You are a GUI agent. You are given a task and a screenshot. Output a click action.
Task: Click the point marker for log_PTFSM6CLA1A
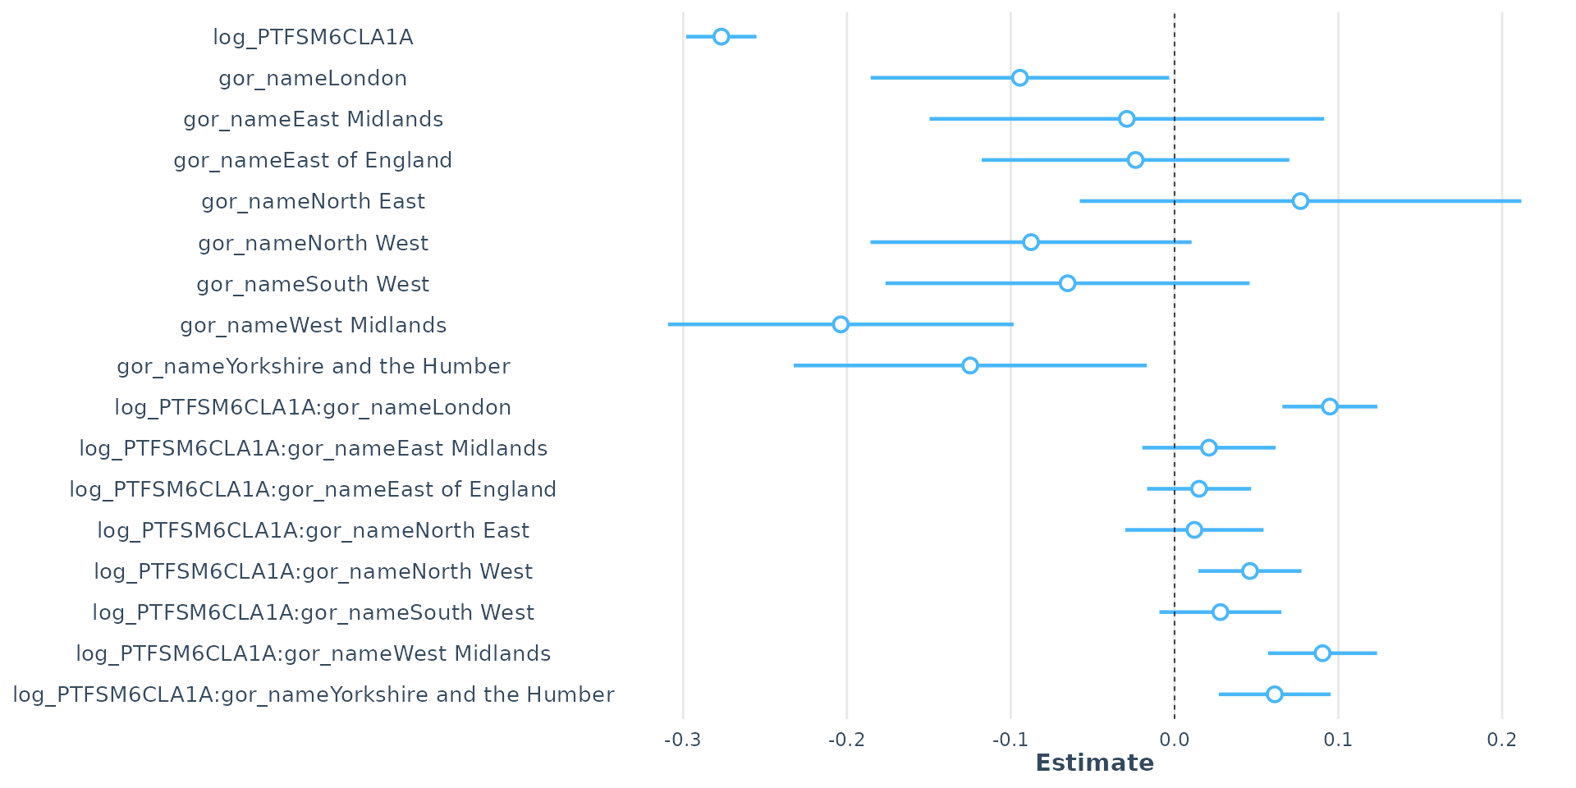click(721, 37)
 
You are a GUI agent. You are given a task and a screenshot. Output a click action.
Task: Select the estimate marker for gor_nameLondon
click(1019, 78)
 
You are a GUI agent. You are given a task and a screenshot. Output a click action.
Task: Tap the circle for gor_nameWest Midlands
click(841, 324)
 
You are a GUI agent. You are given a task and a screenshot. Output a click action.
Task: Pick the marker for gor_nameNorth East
click(1300, 201)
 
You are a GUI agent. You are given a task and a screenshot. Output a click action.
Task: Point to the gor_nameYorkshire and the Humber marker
click(970, 365)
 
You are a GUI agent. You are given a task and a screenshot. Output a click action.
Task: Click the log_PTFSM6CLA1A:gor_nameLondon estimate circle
click(1330, 406)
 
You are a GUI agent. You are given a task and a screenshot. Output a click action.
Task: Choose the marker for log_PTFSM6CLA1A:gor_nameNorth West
click(1249, 570)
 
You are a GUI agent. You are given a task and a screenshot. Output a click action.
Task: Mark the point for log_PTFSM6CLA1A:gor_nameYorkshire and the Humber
click(1275, 694)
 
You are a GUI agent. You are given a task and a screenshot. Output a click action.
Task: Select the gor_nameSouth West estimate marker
click(1067, 283)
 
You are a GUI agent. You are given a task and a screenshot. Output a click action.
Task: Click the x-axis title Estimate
click(1094, 763)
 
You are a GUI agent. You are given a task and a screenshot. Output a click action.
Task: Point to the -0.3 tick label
click(682, 740)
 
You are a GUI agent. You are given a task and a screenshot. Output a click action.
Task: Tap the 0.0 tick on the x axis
click(1175, 740)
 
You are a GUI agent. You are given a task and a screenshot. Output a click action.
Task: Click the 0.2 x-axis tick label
click(1502, 740)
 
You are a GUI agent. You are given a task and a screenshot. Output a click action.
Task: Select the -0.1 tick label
click(1010, 740)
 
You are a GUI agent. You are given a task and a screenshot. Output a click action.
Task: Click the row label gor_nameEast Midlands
click(313, 120)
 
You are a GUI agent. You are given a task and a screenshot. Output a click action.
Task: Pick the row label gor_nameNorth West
click(313, 244)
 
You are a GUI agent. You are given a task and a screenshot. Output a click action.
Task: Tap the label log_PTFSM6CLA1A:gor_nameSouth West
click(313, 613)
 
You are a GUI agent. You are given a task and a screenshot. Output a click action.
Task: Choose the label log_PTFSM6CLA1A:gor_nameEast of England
click(313, 490)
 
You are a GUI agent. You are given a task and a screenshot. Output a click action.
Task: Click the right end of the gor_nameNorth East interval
click(1520, 201)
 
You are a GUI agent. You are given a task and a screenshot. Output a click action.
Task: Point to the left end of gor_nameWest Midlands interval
click(669, 324)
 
